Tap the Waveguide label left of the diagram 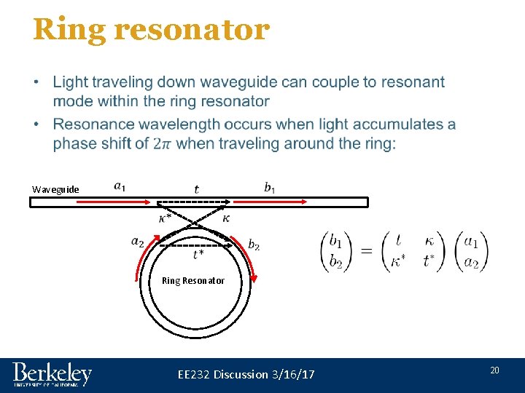coord(55,189)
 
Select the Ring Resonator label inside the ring coord(193,280)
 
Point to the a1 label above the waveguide coord(120,186)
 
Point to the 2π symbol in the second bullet coord(163,144)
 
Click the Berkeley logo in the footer coord(52,374)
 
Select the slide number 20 coord(494,371)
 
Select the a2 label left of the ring coord(137,241)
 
